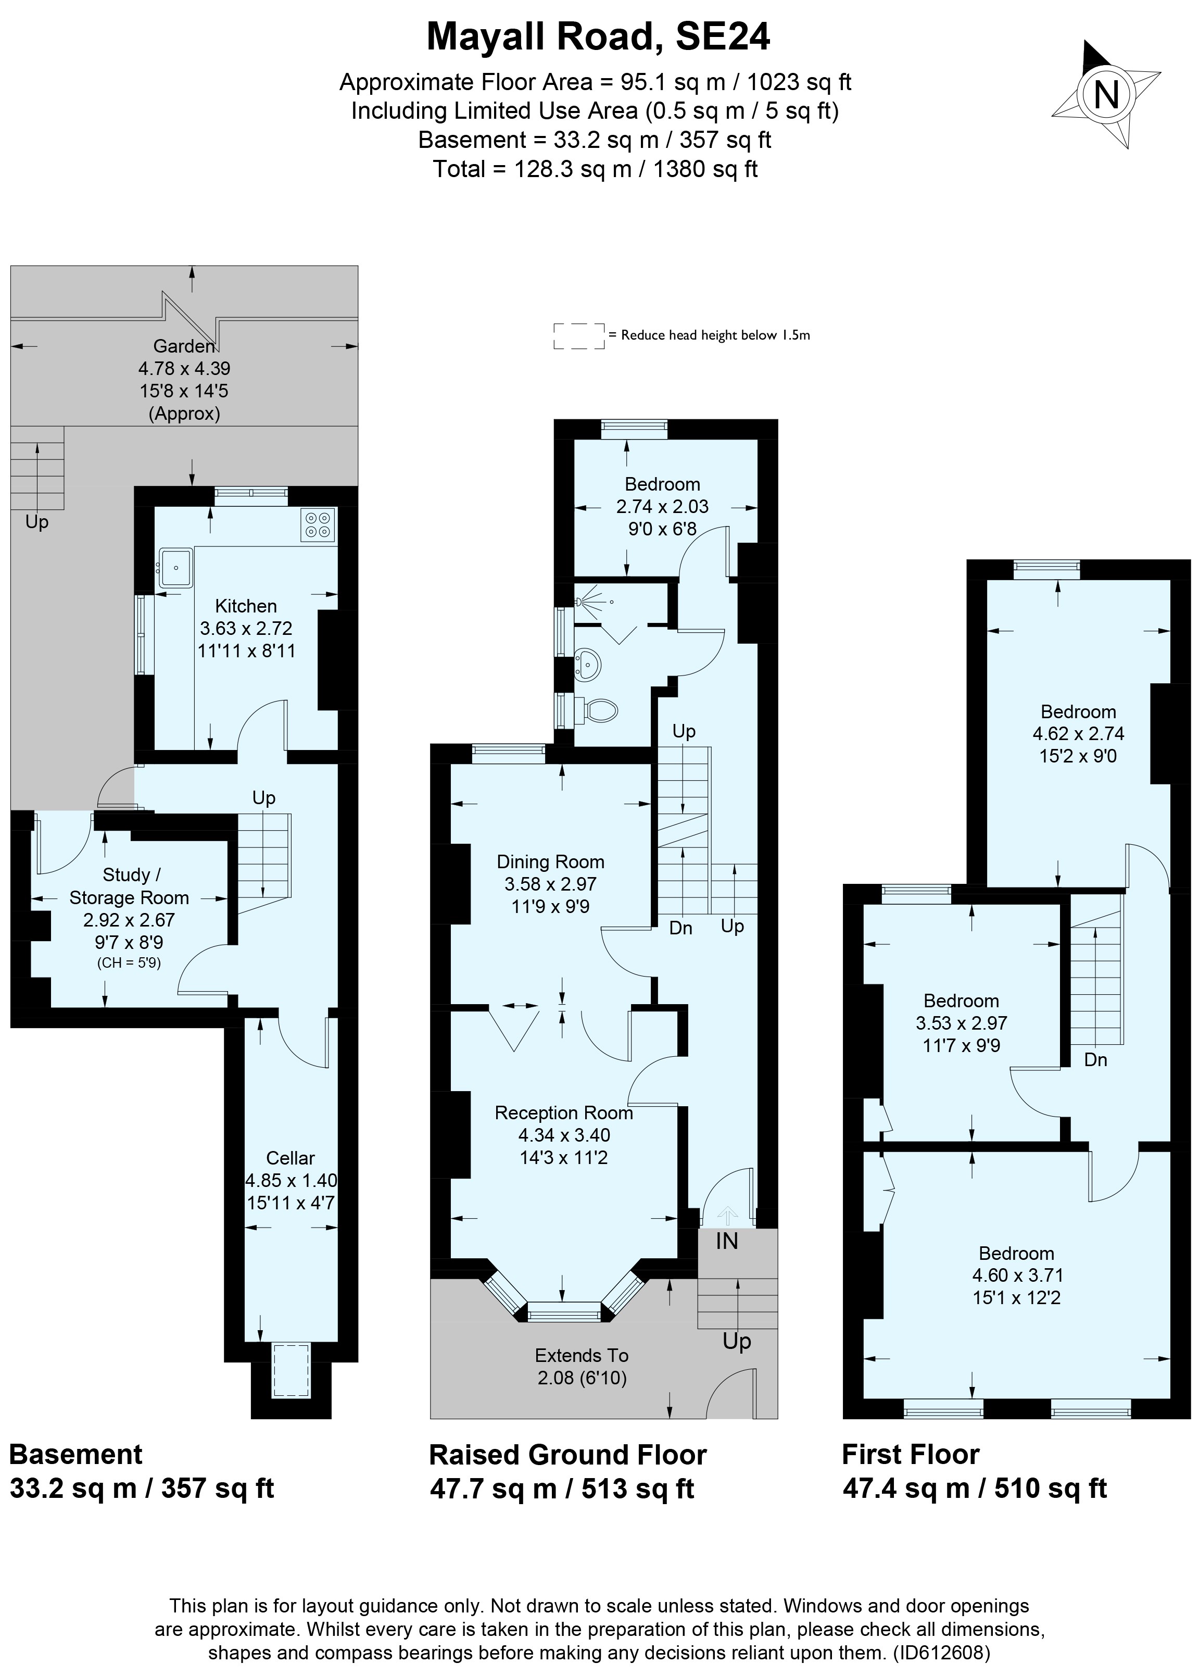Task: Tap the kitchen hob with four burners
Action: pos(318,524)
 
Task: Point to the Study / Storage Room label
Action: pos(129,886)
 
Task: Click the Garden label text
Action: pos(184,346)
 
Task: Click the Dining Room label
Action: pos(550,861)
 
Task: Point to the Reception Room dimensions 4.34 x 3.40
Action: pos(564,1135)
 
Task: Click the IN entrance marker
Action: pos(726,1241)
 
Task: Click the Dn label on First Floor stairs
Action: pos(1095,1060)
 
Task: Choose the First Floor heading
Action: pos(911,1455)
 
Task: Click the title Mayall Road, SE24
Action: pos(598,37)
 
